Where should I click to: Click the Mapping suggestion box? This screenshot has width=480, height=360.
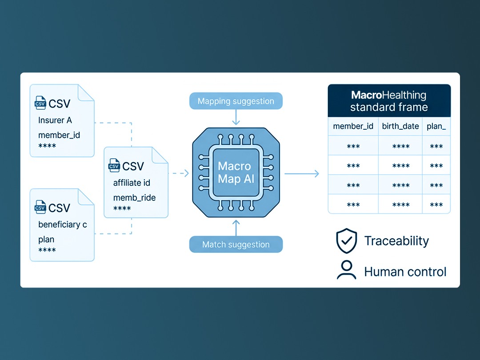coord(236,101)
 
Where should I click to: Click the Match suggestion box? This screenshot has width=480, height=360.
coord(236,244)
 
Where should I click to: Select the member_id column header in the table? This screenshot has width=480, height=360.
coord(353,126)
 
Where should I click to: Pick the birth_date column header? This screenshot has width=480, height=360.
coord(400,126)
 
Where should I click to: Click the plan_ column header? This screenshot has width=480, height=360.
coord(436,126)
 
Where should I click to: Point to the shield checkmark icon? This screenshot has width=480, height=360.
coord(347,240)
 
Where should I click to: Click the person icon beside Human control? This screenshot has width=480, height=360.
coord(347,270)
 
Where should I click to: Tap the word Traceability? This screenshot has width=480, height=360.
coord(396,241)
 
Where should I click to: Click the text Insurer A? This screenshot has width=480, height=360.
coord(55,120)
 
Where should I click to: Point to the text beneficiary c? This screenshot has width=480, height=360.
coord(63,224)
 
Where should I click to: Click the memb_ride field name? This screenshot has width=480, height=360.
coord(134,198)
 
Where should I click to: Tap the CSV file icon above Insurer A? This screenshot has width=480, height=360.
coord(40,103)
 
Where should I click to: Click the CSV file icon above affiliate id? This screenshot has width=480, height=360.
coord(114,166)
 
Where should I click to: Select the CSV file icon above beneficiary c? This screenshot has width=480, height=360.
coord(40,207)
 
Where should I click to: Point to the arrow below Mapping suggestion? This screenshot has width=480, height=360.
coord(236,117)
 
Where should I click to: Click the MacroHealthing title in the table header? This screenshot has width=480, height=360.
coord(388,95)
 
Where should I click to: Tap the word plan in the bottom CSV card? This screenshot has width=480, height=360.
coord(46,240)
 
